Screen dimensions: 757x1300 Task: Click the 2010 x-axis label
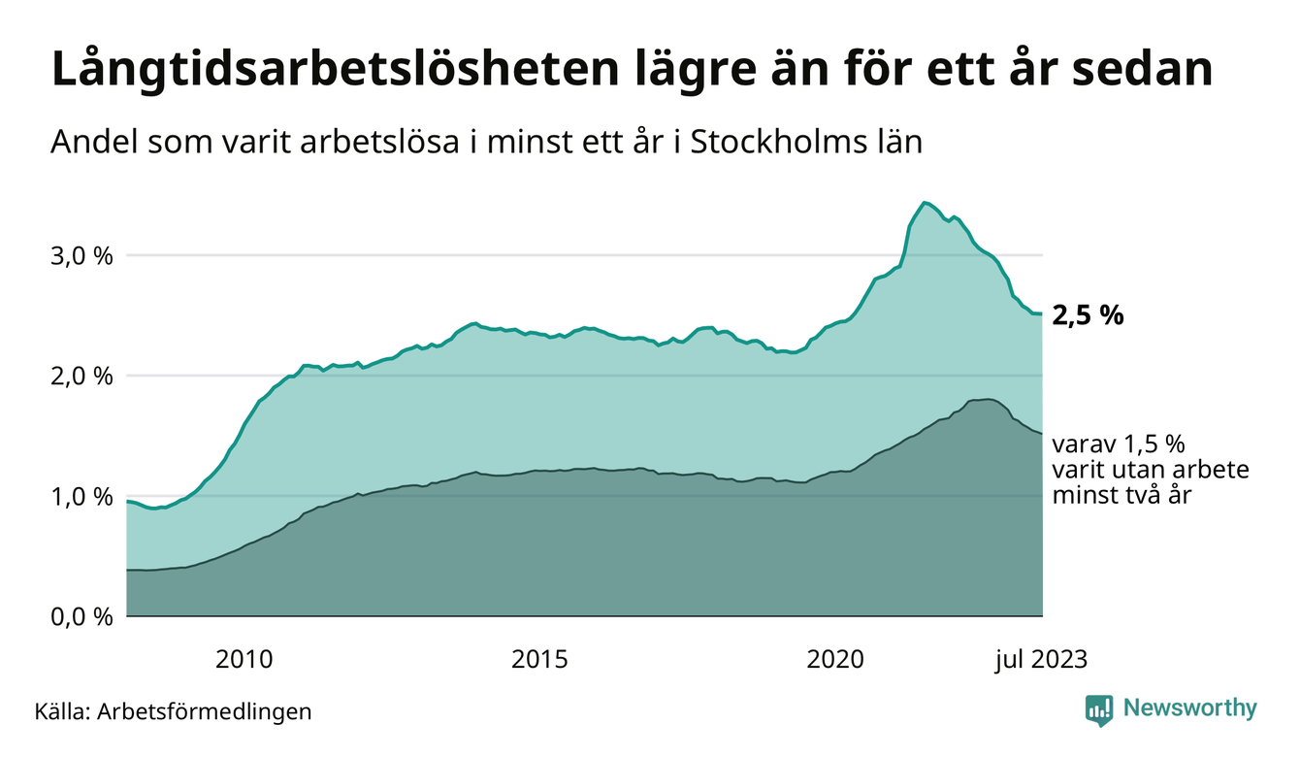(244, 659)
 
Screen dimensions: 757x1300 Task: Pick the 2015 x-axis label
(539, 659)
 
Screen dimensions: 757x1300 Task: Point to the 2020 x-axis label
(835, 659)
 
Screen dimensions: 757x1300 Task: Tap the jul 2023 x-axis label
(1040, 659)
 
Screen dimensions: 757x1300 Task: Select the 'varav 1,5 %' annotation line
(1120, 444)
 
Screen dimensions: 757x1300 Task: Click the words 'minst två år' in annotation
(1121, 495)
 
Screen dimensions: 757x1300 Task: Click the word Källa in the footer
(61, 711)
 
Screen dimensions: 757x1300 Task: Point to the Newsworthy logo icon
(1098, 709)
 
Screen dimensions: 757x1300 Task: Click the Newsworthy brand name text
(1189, 708)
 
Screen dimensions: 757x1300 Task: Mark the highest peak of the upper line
(925, 202)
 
